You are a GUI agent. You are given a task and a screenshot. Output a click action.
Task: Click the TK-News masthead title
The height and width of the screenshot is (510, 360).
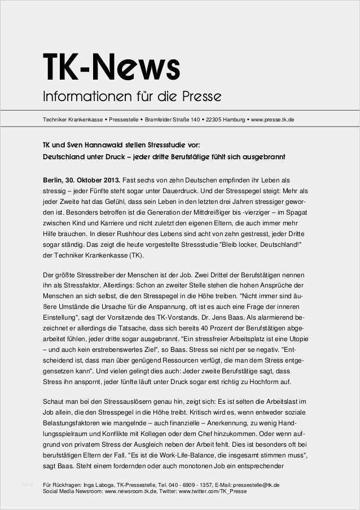coord(112,68)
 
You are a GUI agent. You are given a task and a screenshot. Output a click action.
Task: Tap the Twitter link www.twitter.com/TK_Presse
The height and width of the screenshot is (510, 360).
coord(212,491)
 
